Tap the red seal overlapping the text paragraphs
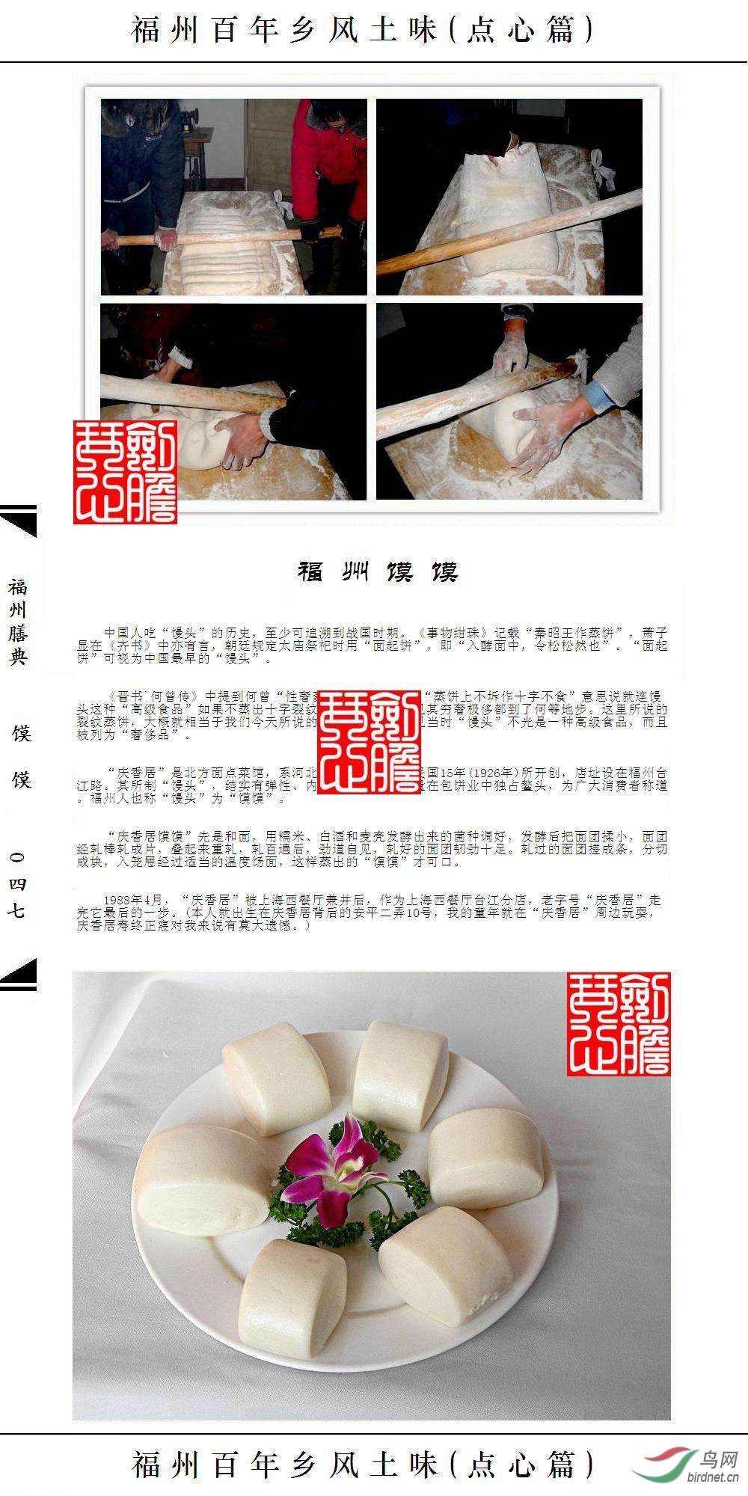point(369,741)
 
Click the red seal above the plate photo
point(618,1024)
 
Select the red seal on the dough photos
point(125,471)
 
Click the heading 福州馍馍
point(378,572)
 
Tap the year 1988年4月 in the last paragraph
point(132,900)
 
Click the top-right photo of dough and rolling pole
point(509,197)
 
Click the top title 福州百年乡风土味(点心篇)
point(363,30)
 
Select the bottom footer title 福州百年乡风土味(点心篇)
point(363,1464)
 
